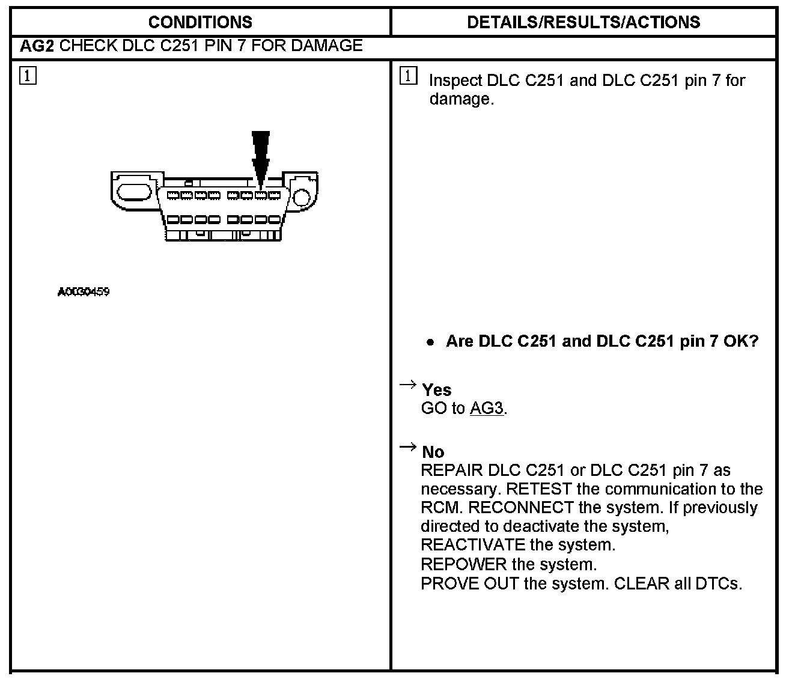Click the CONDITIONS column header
click(200, 22)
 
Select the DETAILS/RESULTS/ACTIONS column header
click(583, 22)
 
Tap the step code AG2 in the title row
click(37, 46)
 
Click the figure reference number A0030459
click(84, 293)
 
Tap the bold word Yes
click(436, 390)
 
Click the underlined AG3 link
click(486, 409)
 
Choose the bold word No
click(433, 452)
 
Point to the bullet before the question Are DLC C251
click(430, 342)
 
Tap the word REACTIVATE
click(473, 545)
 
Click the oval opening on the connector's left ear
click(133, 192)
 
